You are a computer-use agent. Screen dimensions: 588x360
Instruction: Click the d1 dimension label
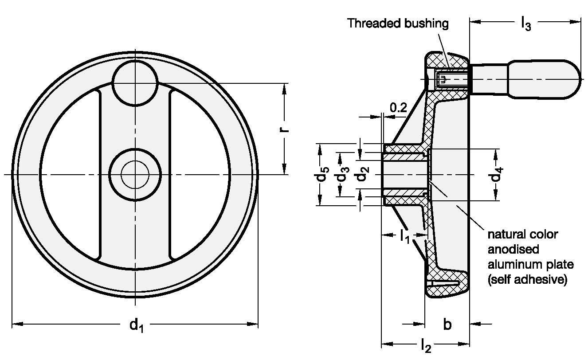[x=137, y=325]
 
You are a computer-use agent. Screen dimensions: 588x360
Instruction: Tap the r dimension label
[x=285, y=129]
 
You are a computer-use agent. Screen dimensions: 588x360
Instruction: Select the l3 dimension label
[x=526, y=23]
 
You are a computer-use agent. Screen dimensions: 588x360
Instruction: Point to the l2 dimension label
[x=426, y=345]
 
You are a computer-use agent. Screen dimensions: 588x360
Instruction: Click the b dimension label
[x=447, y=325]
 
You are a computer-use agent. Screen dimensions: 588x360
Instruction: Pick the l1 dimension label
[x=404, y=236]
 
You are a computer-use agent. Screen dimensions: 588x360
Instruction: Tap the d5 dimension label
[x=321, y=174]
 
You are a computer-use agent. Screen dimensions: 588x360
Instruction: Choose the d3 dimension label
[x=343, y=174]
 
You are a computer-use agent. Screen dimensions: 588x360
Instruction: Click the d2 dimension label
[x=363, y=174]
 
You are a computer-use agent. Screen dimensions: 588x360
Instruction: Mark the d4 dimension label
[x=497, y=174]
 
